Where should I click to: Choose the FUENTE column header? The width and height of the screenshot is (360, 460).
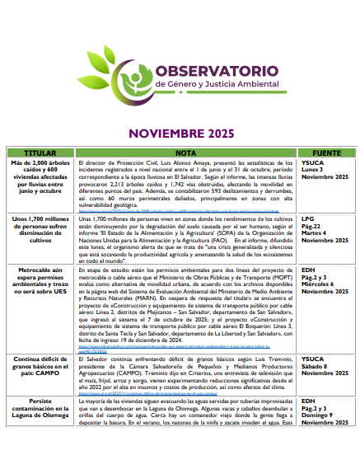(326, 153)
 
